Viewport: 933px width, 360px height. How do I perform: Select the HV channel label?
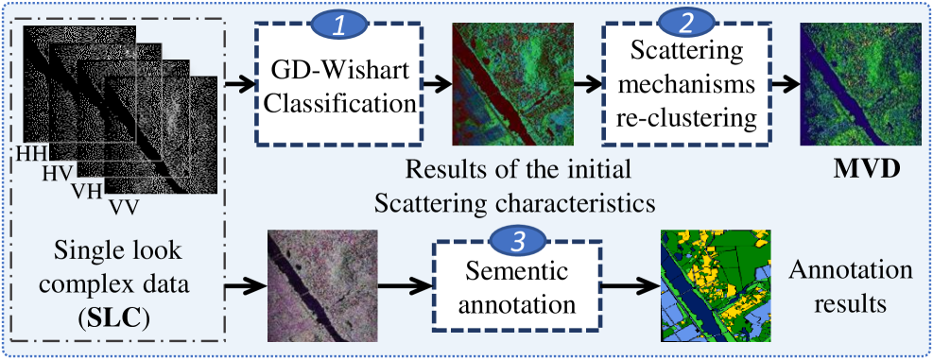[x=57, y=173]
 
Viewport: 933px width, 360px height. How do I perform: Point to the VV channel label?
[x=124, y=208]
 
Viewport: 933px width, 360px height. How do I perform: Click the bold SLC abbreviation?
[x=120, y=319]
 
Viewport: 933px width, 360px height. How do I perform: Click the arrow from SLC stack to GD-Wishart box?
[x=239, y=84]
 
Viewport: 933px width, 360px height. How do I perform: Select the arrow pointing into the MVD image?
[x=781, y=84]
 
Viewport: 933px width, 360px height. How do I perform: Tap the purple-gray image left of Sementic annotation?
[x=322, y=285]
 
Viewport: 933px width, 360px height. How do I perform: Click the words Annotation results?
[x=851, y=287]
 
